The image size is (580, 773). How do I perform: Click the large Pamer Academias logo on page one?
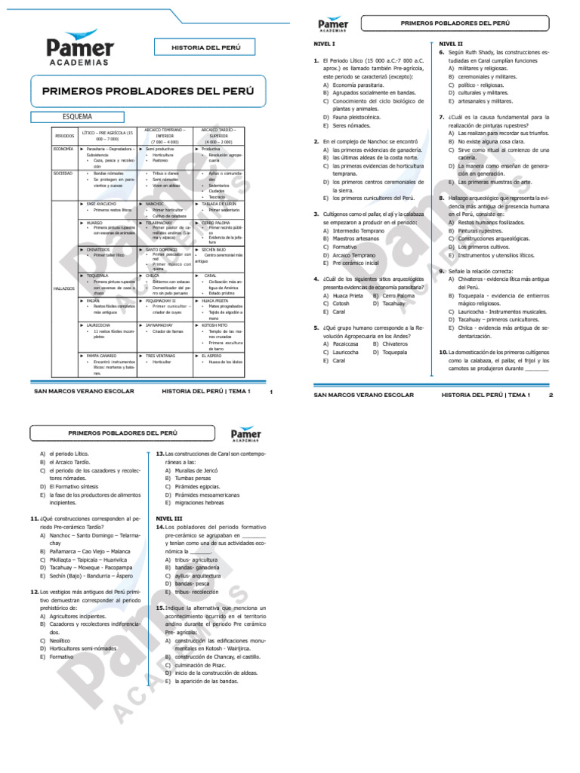[x=79, y=51]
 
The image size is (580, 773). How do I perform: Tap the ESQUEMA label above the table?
[x=77, y=117]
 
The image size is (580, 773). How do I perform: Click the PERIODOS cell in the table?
[x=64, y=136]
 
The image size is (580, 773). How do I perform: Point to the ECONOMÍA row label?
[x=63, y=149]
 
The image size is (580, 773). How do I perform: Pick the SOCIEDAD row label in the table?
[x=63, y=173]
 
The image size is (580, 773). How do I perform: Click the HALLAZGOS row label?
[x=63, y=288]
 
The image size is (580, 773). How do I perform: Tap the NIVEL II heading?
[x=451, y=44]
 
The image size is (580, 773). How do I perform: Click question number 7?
[x=441, y=118]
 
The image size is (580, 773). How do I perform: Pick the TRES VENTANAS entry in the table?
[x=162, y=355]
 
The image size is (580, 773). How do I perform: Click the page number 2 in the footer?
[x=551, y=395]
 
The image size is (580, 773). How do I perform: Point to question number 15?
[x=160, y=607]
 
